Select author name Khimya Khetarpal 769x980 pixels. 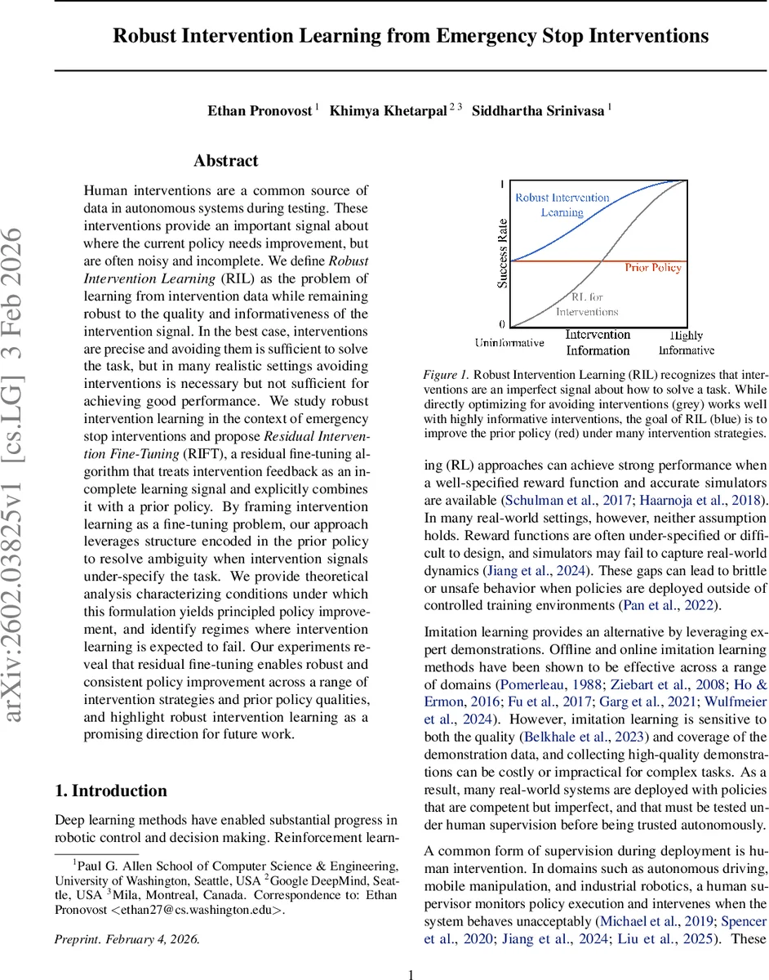tap(389, 111)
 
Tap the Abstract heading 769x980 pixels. tap(226, 161)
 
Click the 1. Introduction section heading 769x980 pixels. tap(110, 791)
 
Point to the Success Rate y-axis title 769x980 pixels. tap(504, 253)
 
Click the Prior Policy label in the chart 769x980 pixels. tap(653, 267)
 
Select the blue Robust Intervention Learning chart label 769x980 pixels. tap(562, 205)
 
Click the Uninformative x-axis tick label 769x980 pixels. tap(509, 343)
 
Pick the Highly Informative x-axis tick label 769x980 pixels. tap(686, 343)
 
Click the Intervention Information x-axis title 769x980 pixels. tap(598, 343)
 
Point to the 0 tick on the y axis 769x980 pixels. tap(501, 324)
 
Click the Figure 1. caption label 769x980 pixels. tap(446, 374)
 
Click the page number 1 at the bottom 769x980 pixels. tap(411, 973)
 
